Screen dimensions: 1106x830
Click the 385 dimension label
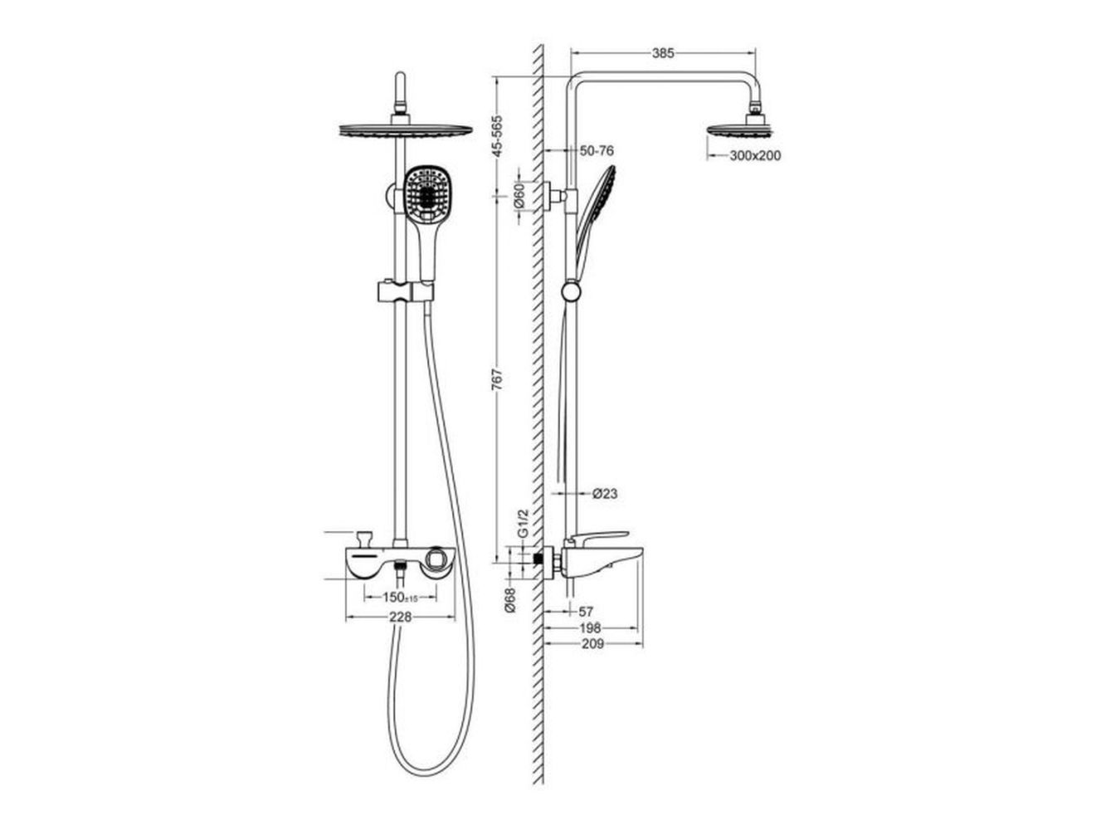[663, 53]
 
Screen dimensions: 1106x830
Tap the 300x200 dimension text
[755, 156]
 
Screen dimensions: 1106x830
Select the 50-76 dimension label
[597, 151]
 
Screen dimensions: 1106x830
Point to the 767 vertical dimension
[497, 379]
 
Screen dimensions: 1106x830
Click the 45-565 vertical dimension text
[497, 137]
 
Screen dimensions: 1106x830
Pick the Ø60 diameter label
[519, 196]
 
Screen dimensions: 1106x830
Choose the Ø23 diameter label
[605, 494]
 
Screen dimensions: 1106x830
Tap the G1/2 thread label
[524, 523]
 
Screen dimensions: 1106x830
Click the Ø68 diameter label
[510, 600]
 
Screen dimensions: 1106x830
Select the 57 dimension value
[586, 612]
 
